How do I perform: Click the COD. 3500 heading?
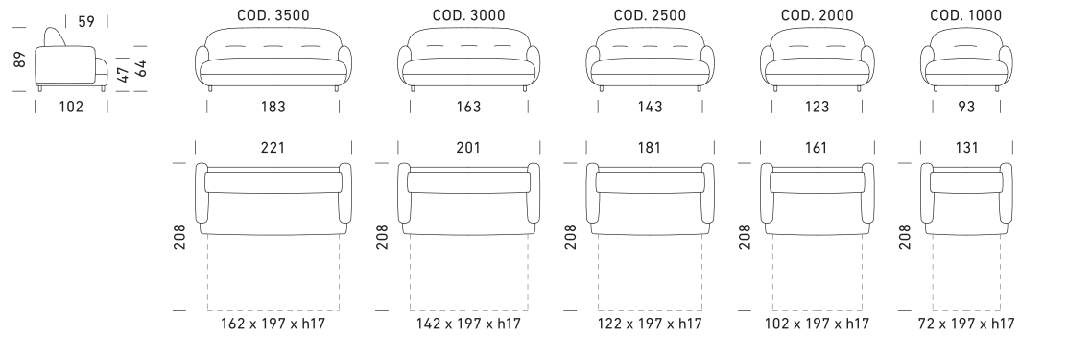[273, 15]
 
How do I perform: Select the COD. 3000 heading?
[468, 15]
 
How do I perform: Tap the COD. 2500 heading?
[650, 15]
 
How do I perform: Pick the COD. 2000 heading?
[817, 15]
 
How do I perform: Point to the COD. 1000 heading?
[966, 15]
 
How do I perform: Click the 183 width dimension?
[273, 107]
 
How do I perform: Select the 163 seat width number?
[468, 107]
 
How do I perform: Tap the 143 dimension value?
[650, 107]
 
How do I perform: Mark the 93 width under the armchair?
[966, 107]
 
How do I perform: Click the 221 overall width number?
[273, 147]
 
